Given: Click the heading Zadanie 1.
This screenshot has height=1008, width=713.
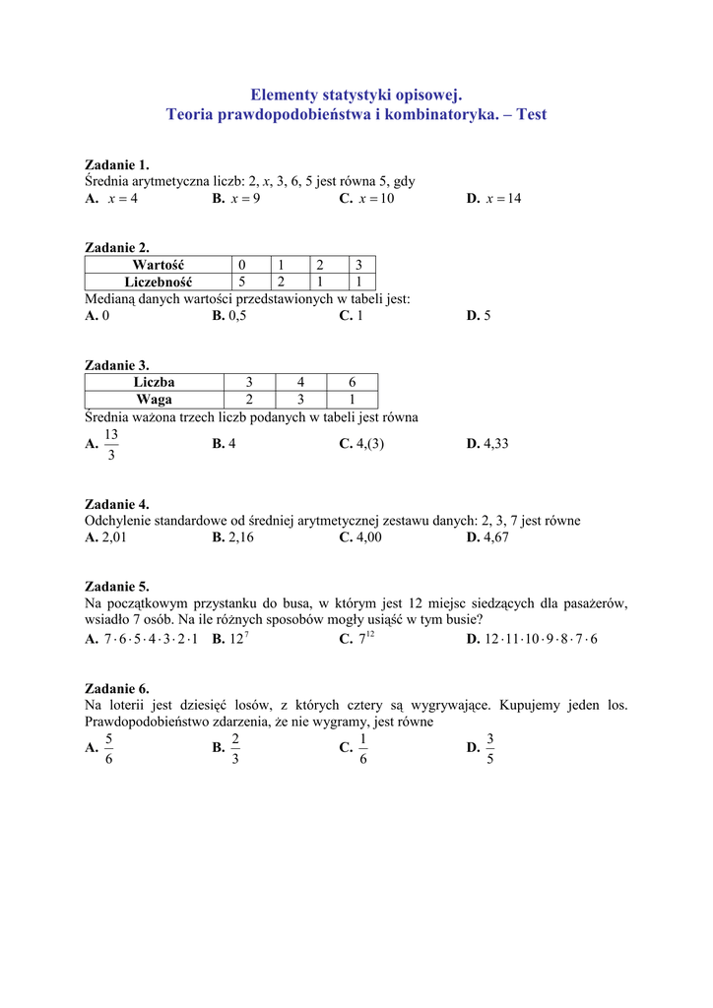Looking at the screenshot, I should click(x=117, y=164).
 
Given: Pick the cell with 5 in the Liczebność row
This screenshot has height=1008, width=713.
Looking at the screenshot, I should click(x=242, y=282).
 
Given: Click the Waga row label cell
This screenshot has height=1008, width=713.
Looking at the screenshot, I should click(x=154, y=399).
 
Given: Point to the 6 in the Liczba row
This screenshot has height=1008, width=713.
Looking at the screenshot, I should click(x=352, y=382).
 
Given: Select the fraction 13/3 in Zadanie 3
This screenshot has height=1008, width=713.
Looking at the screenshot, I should click(x=110, y=445).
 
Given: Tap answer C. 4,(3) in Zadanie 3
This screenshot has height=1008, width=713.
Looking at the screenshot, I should click(x=361, y=444).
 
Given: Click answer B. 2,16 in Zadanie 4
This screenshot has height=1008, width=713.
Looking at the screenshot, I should click(x=233, y=537).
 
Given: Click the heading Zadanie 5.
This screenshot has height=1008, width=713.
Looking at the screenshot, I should click(x=117, y=586).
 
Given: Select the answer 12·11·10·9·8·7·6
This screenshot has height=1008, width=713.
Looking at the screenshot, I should click(x=540, y=639).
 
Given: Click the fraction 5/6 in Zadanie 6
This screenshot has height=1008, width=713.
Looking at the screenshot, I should click(x=108, y=749).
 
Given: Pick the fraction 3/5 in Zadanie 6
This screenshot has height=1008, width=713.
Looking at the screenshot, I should click(x=490, y=749).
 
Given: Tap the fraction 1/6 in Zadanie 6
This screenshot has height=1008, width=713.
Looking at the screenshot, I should click(x=363, y=749).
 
